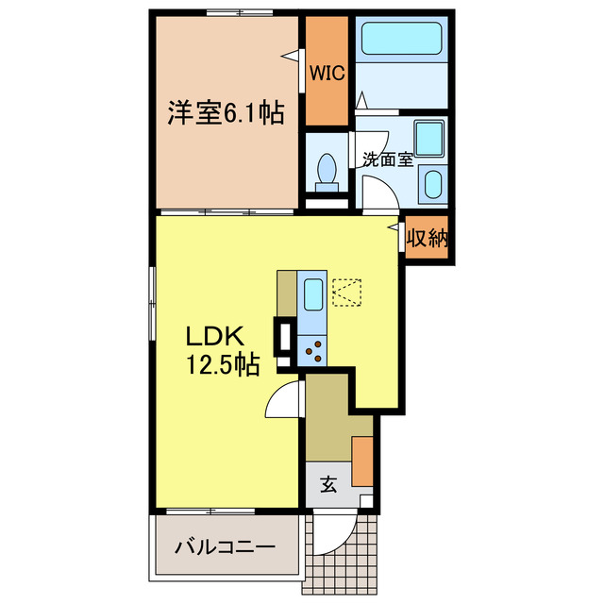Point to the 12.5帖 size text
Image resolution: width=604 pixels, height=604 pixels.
coord(223,363)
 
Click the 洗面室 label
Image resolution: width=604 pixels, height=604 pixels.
coord(387,159)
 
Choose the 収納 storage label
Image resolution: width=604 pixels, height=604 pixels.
coord(426,239)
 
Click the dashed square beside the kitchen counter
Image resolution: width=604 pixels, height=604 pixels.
coord(347,292)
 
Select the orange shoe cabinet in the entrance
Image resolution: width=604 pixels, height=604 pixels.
coord(361,461)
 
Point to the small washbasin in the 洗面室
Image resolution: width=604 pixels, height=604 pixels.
coord(432,183)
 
